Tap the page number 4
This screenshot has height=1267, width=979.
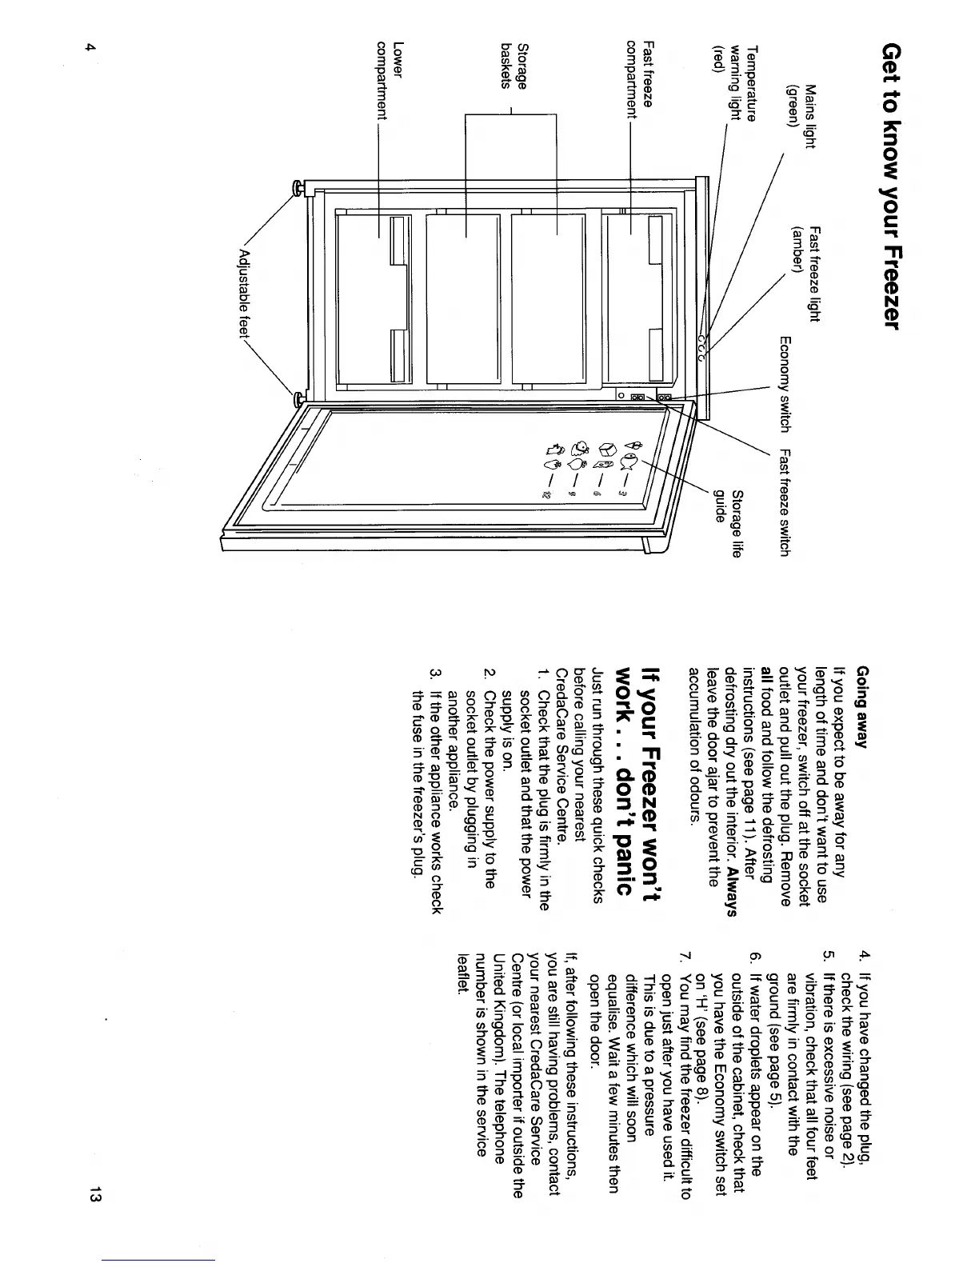point(92,47)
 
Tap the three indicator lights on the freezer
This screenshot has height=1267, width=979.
point(701,347)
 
